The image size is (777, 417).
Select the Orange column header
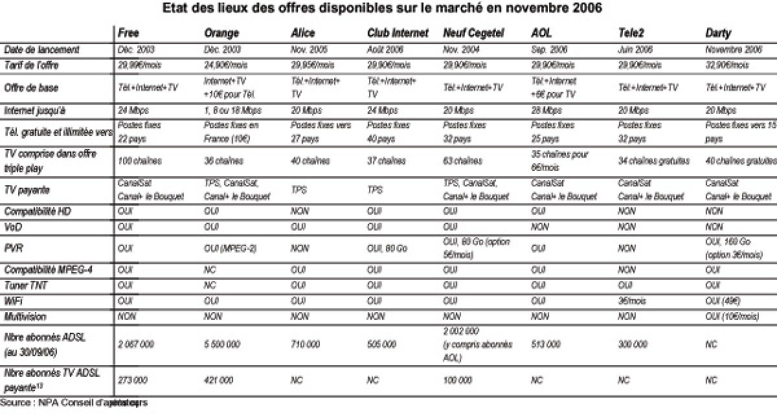(221, 34)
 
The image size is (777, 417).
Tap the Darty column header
(719, 34)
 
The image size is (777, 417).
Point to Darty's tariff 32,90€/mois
(726, 65)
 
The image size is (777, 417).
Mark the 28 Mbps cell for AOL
(546, 111)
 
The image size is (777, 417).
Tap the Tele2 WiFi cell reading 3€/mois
(631, 301)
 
